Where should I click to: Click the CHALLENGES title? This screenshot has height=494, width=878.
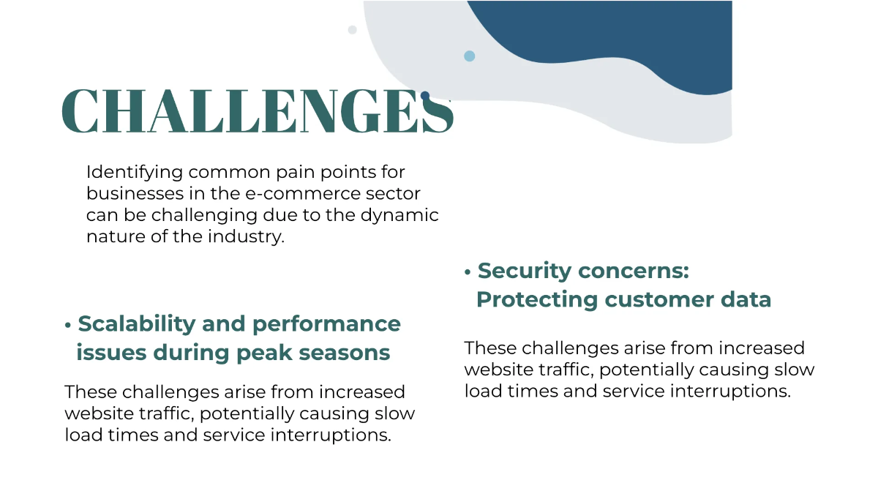[258, 111]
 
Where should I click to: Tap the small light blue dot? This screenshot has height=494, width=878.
[469, 56]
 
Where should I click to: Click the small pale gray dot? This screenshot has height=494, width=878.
[353, 30]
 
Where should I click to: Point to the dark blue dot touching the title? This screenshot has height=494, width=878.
[425, 95]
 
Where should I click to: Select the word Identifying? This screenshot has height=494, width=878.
[135, 173]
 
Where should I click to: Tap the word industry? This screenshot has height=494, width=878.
[246, 237]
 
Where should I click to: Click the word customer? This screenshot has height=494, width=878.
[659, 300]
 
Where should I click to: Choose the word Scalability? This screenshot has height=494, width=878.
[136, 324]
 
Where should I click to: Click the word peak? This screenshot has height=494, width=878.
[264, 353]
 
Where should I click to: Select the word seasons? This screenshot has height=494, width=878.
[345, 353]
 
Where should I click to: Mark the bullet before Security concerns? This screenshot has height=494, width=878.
[468, 272]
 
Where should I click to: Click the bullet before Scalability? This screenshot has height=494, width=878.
[68, 326]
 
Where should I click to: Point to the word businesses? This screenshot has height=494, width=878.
[135, 194]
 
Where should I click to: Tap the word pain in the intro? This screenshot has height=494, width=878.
[295, 173]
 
